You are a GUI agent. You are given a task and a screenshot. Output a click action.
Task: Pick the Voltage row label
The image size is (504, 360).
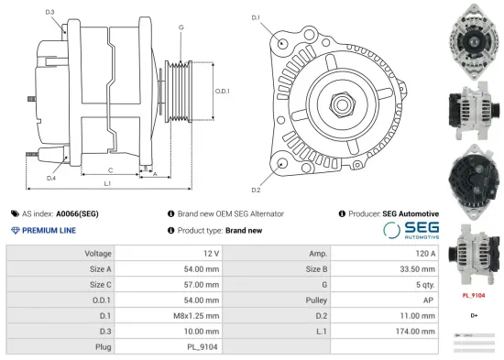[98, 253]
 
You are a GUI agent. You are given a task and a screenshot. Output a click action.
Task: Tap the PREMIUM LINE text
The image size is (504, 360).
[48, 231]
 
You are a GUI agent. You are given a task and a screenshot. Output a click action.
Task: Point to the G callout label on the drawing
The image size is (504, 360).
[181, 27]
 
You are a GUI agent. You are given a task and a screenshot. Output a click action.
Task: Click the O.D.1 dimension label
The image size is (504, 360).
[222, 91]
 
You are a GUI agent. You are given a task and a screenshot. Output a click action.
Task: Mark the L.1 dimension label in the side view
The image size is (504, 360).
[107, 185]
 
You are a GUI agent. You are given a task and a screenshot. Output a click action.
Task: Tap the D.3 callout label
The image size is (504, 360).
[49, 12]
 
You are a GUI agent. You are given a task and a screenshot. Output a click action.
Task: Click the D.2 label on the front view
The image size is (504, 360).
[256, 190]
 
